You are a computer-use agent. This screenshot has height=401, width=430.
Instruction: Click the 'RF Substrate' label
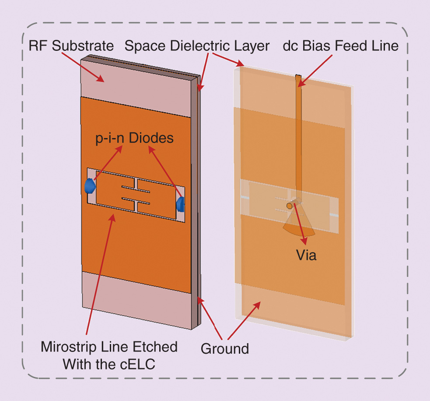(x=71, y=46)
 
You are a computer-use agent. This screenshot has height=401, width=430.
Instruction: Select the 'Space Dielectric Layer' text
(x=197, y=46)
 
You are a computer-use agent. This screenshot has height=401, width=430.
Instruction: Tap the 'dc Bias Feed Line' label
(x=341, y=46)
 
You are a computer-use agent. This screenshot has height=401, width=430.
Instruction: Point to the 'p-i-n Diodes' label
(x=135, y=138)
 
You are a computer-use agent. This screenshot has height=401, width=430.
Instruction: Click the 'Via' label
(x=306, y=255)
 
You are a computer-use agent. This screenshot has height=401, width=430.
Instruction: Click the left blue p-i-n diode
(x=90, y=186)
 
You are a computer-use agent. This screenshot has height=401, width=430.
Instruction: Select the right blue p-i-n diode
(x=180, y=203)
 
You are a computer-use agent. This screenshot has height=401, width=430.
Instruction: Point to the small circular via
(x=289, y=205)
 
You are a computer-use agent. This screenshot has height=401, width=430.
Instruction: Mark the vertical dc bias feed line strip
(x=299, y=131)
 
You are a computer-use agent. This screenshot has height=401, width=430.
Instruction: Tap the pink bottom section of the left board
(x=136, y=298)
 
